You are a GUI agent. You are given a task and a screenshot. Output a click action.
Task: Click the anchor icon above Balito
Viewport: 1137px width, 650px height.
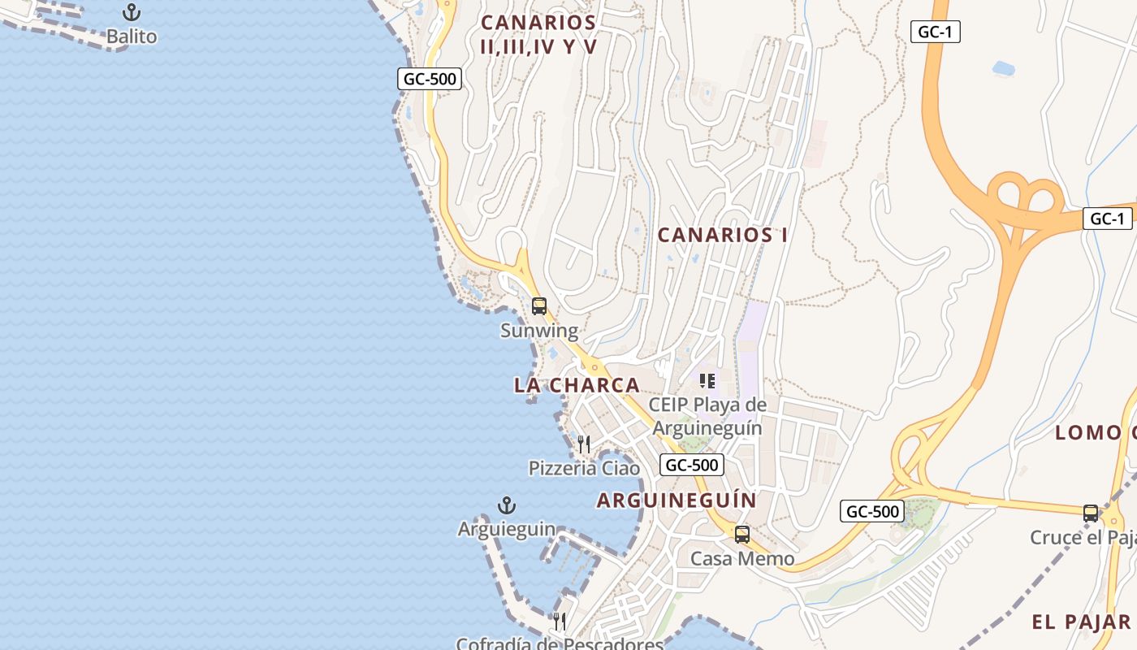(x=131, y=12)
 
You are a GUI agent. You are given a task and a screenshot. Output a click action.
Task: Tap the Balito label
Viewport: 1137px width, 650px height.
(x=132, y=37)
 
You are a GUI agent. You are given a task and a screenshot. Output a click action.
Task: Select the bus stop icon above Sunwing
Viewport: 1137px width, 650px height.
(x=539, y=306)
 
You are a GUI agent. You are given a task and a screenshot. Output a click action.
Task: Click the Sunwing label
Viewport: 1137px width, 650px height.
(x=539, y=331)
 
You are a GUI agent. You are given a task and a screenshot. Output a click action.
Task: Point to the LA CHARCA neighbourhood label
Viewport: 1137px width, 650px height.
(x=577, y=385)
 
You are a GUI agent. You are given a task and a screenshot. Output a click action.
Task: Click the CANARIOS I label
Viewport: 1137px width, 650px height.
(x=722, y=235)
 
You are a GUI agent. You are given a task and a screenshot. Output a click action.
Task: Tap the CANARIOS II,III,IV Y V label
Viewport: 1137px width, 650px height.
(x=538, y=34)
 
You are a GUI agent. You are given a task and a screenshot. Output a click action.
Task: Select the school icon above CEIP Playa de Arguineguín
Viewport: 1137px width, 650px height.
(x=707, y=380)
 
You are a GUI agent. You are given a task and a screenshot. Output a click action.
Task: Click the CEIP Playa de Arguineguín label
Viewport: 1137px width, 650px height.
(x=707, y=416)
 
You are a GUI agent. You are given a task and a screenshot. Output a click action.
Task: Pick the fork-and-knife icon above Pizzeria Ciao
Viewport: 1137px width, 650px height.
(x=584, y=444)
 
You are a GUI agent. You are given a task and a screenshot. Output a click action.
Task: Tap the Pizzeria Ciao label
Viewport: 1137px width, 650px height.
(x=584, y=469)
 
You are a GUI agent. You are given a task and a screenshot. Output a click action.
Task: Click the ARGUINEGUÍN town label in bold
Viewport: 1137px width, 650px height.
(x=677, y=500)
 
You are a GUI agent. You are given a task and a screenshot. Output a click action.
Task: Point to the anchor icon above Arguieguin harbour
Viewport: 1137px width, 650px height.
(x=507, y=505)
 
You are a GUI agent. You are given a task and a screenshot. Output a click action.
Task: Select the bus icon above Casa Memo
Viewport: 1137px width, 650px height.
(x=742, y=534)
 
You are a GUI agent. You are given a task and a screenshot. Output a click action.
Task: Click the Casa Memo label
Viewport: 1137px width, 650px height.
(x=742, y=559)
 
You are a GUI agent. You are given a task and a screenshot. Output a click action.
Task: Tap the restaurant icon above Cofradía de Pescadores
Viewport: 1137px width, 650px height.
(x=560, y=622)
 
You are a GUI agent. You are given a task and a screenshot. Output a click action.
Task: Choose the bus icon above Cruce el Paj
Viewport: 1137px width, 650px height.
(x=1091, y=513)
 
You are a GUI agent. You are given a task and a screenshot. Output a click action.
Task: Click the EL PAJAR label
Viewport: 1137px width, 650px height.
(x=1081, y=622)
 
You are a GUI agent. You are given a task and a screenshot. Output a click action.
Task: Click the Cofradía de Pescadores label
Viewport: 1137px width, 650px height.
(x=560, y=643)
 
